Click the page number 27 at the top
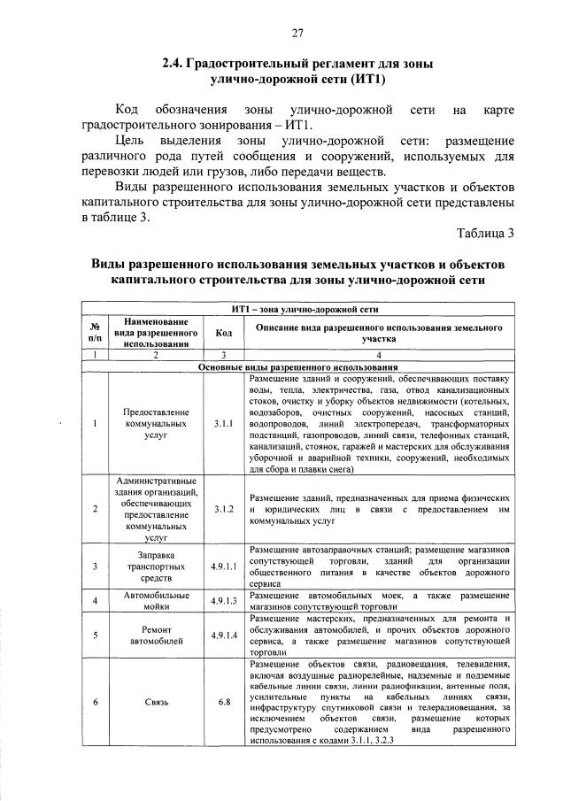coord(297,34)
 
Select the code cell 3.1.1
coord(223,423)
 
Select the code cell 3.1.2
coord(223,510)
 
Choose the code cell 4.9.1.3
coord(223,600)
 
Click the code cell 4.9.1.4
coord(223,634)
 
